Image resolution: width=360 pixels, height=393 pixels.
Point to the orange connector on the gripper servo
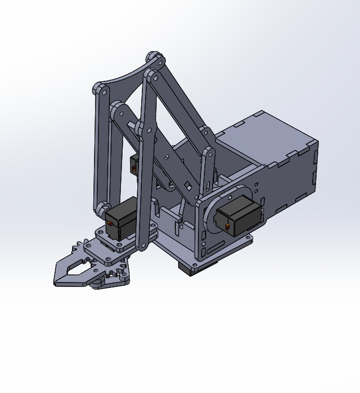[110, 224]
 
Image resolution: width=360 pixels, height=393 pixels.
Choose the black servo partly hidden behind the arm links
[134, 163]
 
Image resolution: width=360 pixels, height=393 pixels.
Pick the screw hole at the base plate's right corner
[248, 239]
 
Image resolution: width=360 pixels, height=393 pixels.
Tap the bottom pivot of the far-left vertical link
[101, 209]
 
